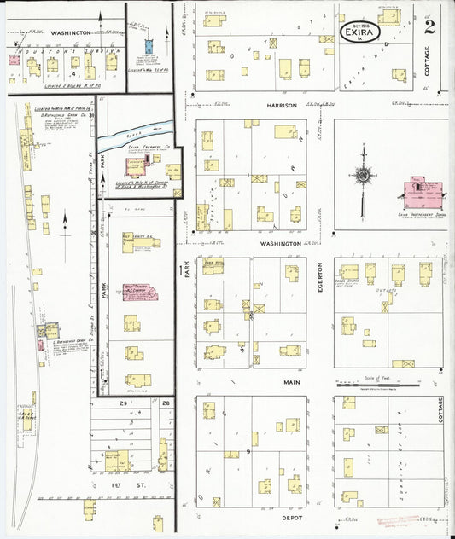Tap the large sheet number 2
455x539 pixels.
[429, 26]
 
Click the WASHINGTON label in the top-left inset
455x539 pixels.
[70, 32]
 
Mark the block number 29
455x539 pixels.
[124, 402]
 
